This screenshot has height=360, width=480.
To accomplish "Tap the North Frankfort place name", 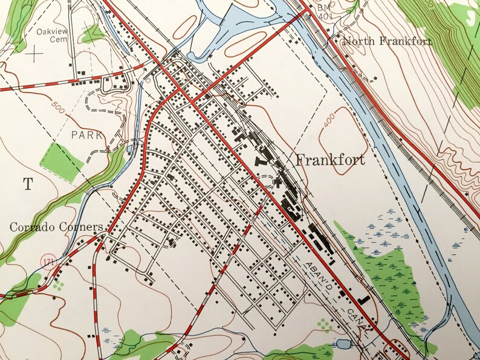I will point(387,42).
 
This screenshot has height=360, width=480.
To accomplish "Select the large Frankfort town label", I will point(330,160).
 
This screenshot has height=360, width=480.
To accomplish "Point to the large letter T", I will point(27,185).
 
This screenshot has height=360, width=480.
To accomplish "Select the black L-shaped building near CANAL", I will point(363,300).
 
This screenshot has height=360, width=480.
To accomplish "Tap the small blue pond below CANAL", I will point(343,346).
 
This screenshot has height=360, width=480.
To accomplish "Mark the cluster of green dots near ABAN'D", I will point(325,326).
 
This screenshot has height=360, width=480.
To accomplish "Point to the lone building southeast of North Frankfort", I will point(375,78).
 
